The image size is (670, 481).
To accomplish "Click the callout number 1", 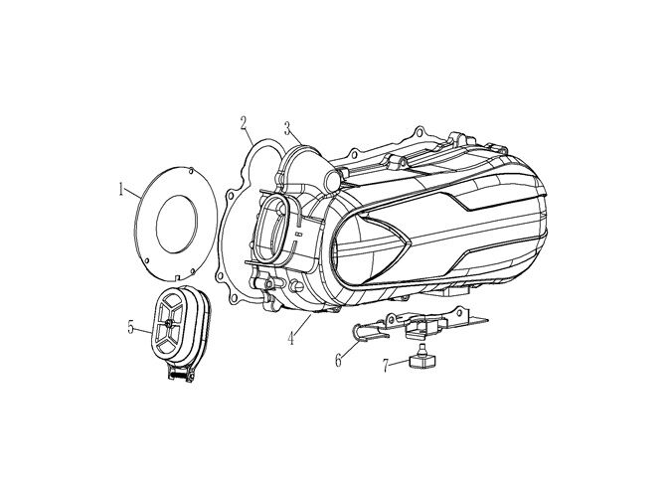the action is (121, 189).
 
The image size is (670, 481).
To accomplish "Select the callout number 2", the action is (244, 122).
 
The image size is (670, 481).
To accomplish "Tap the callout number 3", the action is (288, 127).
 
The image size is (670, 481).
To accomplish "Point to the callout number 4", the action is (291, 339).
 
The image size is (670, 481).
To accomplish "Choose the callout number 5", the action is (131, 327).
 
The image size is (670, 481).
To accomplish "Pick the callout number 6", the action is (338, 361).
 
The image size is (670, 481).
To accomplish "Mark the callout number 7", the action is (386, 366).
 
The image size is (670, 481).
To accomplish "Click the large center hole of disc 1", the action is (177, 224).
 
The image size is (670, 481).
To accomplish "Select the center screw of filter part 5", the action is (169, 323).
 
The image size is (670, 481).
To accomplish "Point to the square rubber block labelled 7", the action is (421, 363).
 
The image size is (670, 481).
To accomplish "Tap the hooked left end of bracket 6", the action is (359, 330).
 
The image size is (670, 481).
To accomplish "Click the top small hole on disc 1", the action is (191, 170).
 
